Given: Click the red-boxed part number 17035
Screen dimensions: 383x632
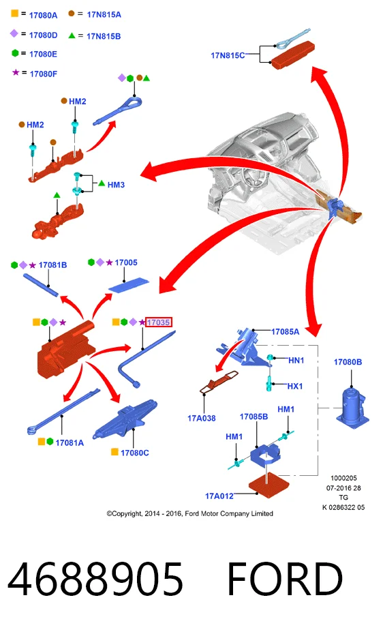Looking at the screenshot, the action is (x=158, y=322).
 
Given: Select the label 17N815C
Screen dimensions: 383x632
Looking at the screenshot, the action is (x=228, y=56).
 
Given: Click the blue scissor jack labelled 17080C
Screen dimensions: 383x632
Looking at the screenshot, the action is (x=125, y=419).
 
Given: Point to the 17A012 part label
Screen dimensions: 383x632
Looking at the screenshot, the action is (x=219, y=496).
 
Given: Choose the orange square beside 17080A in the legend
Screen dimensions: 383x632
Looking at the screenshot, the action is (x=15, y=14).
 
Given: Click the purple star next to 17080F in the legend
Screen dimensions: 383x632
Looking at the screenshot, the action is (x=16, y=72).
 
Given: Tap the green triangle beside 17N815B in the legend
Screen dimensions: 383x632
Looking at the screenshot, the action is (x=72, y=35).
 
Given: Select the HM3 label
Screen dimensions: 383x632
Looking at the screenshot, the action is (x=116, y=185).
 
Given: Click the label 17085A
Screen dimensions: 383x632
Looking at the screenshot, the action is (x=285, y=332).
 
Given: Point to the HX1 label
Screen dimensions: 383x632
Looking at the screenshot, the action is (x=295, y=386).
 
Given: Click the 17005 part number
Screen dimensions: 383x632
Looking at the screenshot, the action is (x=126, y=262).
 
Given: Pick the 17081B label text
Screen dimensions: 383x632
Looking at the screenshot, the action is (x=52, y=265).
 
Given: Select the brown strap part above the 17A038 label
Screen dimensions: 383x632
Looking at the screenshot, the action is (x=218, y=382).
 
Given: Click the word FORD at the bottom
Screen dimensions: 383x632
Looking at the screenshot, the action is (x=285, y=579).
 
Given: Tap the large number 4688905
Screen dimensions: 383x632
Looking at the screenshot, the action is (x=95, y=580).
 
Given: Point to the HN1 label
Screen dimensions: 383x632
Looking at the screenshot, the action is (x=296, y=361).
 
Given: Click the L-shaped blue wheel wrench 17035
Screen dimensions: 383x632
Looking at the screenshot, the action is (x=146, y=359).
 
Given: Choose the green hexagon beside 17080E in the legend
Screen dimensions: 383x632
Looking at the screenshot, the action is (x=15, y=53).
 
